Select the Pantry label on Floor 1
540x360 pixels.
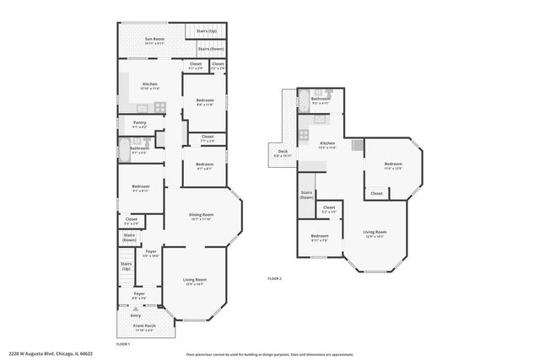[128, 124]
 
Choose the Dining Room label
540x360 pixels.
[201, 217]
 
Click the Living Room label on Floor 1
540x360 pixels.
[195, 281]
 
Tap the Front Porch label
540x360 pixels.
[145, 326]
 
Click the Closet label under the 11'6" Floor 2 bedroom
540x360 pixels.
[376, 193]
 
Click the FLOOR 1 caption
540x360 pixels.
[123, 343]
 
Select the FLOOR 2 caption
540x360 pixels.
[275, 278]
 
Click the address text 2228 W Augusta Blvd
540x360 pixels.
[50, 354]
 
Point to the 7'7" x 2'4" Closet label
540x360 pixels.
[208, 138]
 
